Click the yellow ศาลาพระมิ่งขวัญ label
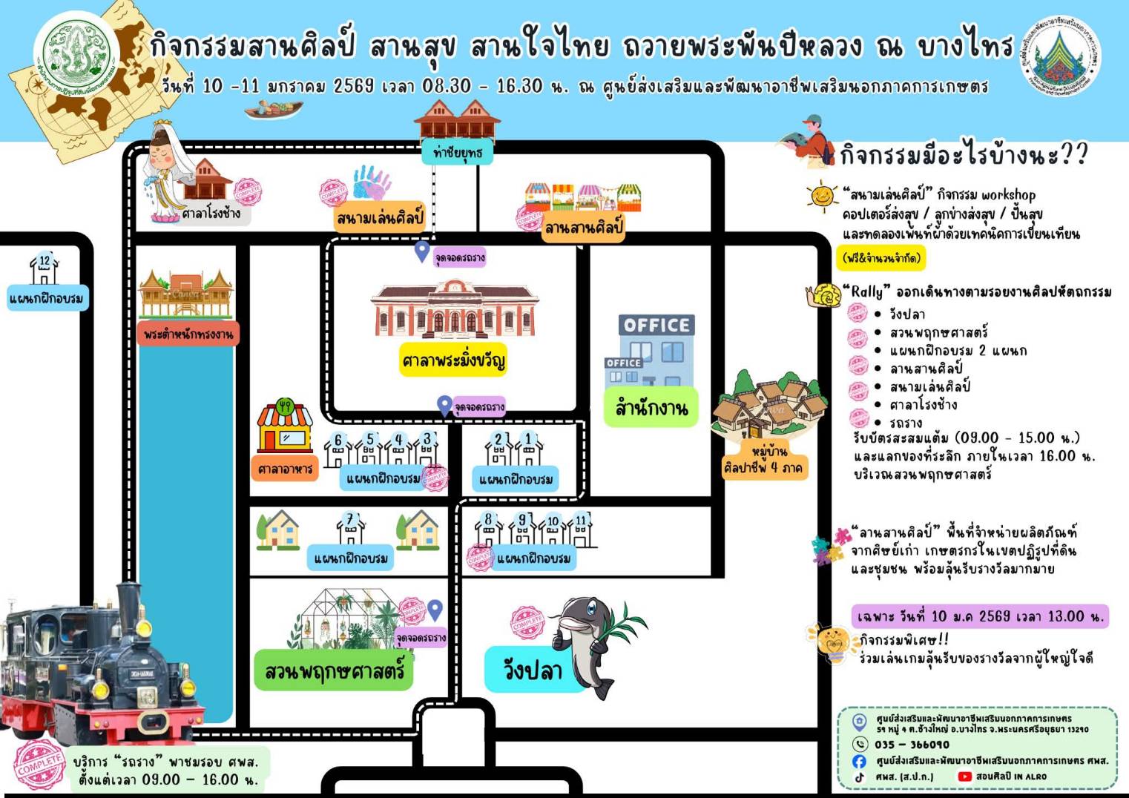coord(452,360)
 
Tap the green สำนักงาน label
coord(651,407)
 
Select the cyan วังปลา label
coord(532,670)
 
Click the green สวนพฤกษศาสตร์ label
coord(334,670)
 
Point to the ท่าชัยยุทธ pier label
coord(457,153)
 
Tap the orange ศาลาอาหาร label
coord(285,469)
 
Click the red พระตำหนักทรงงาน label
coord(188,334)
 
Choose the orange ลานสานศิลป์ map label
coord(583,227)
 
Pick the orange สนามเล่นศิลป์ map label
coord(379,218)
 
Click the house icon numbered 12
coord(45,269)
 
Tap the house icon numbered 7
coord(351,528)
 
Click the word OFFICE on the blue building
coord(656,325)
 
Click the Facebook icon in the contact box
coord(859,761)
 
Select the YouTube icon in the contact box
coord(964,776)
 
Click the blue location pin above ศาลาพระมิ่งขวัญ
coord(421,251)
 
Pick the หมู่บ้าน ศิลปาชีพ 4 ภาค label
coord(763,460)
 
